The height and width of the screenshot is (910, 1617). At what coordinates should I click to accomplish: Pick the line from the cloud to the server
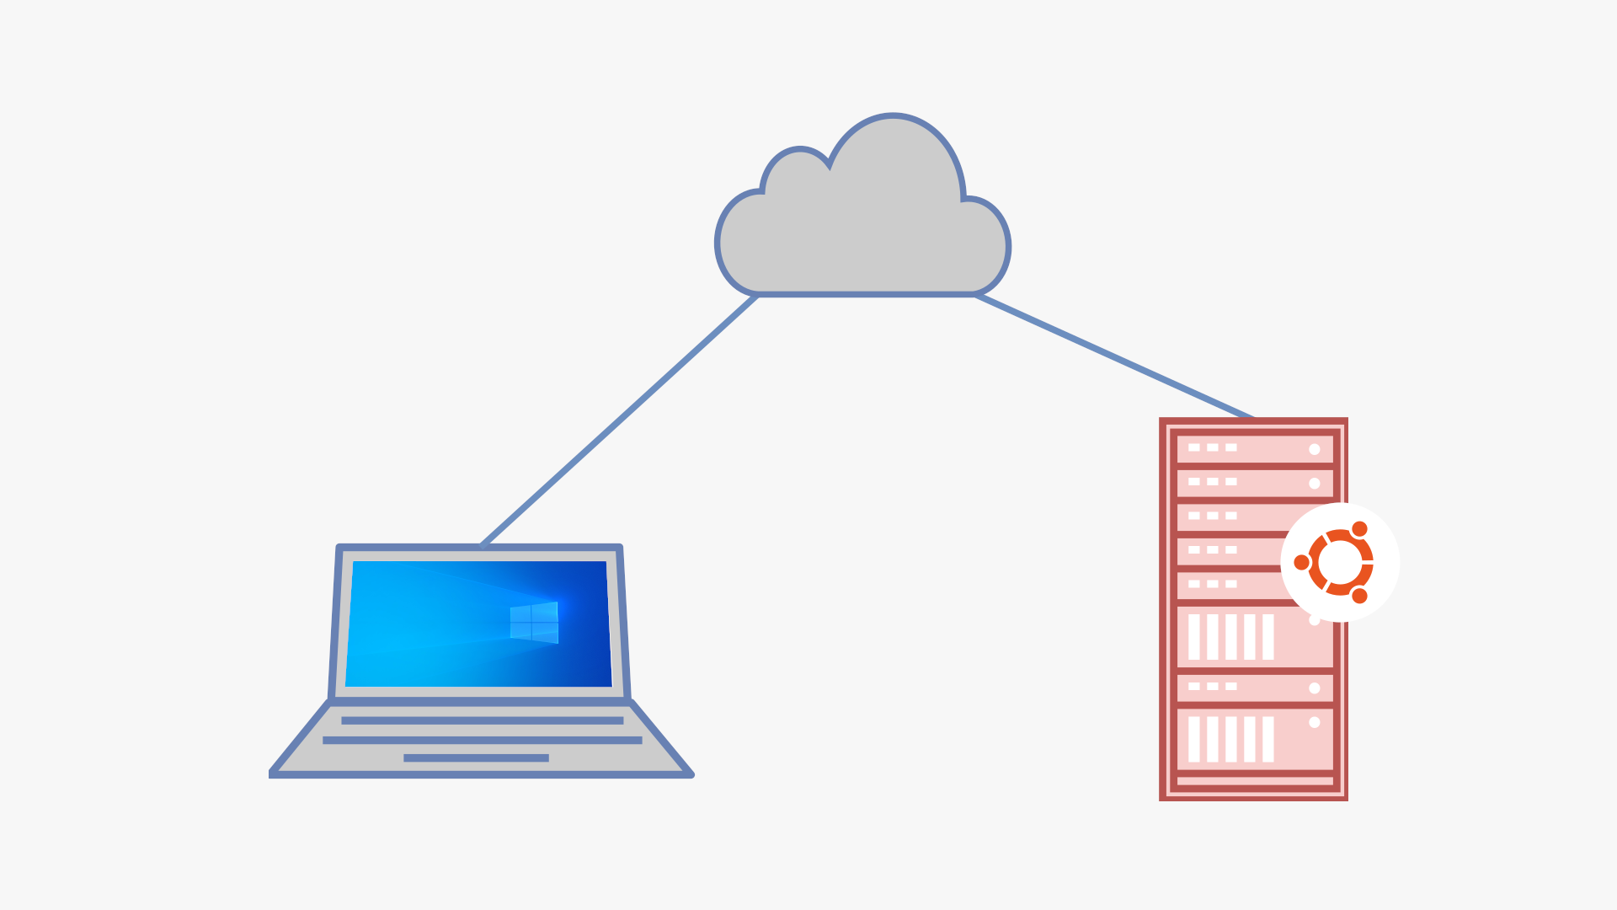point(1113,356)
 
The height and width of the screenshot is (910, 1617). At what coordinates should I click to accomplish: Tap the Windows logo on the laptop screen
point(534,623)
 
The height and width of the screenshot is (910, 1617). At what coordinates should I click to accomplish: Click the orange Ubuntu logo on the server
point(1340,562)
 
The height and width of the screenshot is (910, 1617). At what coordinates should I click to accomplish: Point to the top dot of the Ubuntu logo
point(1359,529)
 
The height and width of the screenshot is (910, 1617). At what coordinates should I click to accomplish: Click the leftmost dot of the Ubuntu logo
point(1302,562)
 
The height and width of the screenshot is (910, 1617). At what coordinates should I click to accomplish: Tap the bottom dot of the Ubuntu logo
point(1359,596)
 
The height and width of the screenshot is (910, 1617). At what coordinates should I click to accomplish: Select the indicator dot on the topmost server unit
point(1314,449)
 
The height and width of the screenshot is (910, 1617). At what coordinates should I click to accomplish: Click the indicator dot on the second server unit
point(1314,484)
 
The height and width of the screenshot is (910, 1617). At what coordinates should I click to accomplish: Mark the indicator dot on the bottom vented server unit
point(1314,722)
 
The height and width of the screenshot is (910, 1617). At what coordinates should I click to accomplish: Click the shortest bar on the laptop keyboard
point(476,758)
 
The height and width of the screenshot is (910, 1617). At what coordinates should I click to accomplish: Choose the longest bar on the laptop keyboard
point(482,740)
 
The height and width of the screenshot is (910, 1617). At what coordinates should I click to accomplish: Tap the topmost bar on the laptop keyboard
point(482,720)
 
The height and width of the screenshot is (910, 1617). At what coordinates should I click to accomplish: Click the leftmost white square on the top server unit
point(1194,447)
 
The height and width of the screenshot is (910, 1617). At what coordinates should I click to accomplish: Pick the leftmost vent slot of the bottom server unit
point(1194,739)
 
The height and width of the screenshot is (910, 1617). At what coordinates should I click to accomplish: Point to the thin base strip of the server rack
point(1254,781)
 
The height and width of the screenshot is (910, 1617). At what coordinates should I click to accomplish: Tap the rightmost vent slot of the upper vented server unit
point(1268,636)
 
